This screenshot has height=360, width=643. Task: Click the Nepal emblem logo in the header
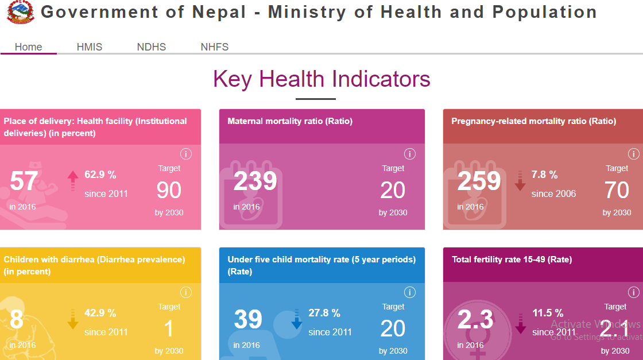(x=20, y=11)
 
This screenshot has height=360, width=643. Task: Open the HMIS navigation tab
(x=90, y=47)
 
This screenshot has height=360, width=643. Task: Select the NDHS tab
(x=152, y=47)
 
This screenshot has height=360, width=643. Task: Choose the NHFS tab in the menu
(x=215, y=47)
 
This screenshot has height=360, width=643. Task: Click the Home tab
(x=29, y=47)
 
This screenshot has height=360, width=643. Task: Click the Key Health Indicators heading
(x=321, y=79)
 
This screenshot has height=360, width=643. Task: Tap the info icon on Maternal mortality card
(x=409, y=154)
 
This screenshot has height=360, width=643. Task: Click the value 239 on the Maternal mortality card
(x=255, y=181)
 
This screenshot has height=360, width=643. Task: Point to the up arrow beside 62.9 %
(x=72, y=180)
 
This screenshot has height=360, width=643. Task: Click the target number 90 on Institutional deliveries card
(x=169, y=190)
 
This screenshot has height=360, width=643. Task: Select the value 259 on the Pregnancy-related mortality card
(x=479, y=181)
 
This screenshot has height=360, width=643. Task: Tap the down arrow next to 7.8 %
(x=520, y=180)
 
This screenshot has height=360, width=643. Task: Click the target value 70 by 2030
(x=617, y=190)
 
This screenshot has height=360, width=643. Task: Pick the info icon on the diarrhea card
(x=185, y=292)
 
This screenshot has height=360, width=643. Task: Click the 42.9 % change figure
(x=100, y=313)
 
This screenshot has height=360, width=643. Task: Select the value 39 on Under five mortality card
(x=248, y=320)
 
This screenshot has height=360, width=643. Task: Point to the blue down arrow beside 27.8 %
(x=296, y=319)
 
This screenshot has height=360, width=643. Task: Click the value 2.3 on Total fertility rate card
(x=475, y=320)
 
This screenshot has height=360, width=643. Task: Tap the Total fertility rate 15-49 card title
(x=512, y=260)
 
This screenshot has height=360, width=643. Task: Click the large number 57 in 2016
(x=24, y=181)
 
